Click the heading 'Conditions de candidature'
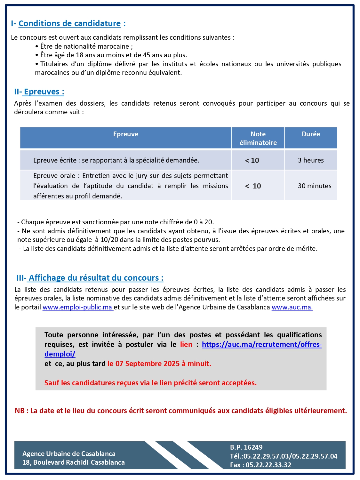click(x=69, y=23)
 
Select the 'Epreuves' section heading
click(x=44, y=92)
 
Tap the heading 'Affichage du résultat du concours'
click(x=96, y=278)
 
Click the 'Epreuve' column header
click(x=126, y=134)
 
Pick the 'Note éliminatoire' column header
click(x=258, y=138)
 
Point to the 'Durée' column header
click(x=311, y=134)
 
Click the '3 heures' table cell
click(x=311, y=160)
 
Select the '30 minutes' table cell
click(x=314, y=186)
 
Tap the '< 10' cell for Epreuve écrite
click(x=252, y=161)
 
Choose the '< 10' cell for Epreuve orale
click(x=253, y=186)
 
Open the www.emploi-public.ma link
click(x=77, y=307)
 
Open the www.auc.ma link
click(x=292, y=307)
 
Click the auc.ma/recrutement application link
click(x=261, y=345)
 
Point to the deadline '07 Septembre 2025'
click(x=147, y=364)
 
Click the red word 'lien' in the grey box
click(x=186, y=345)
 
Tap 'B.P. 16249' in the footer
click(x=246, y=447)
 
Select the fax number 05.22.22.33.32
click(x=268, y=465)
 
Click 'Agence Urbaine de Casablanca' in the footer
click(x=69, y=454)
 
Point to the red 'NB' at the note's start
click(x=20, y=411)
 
